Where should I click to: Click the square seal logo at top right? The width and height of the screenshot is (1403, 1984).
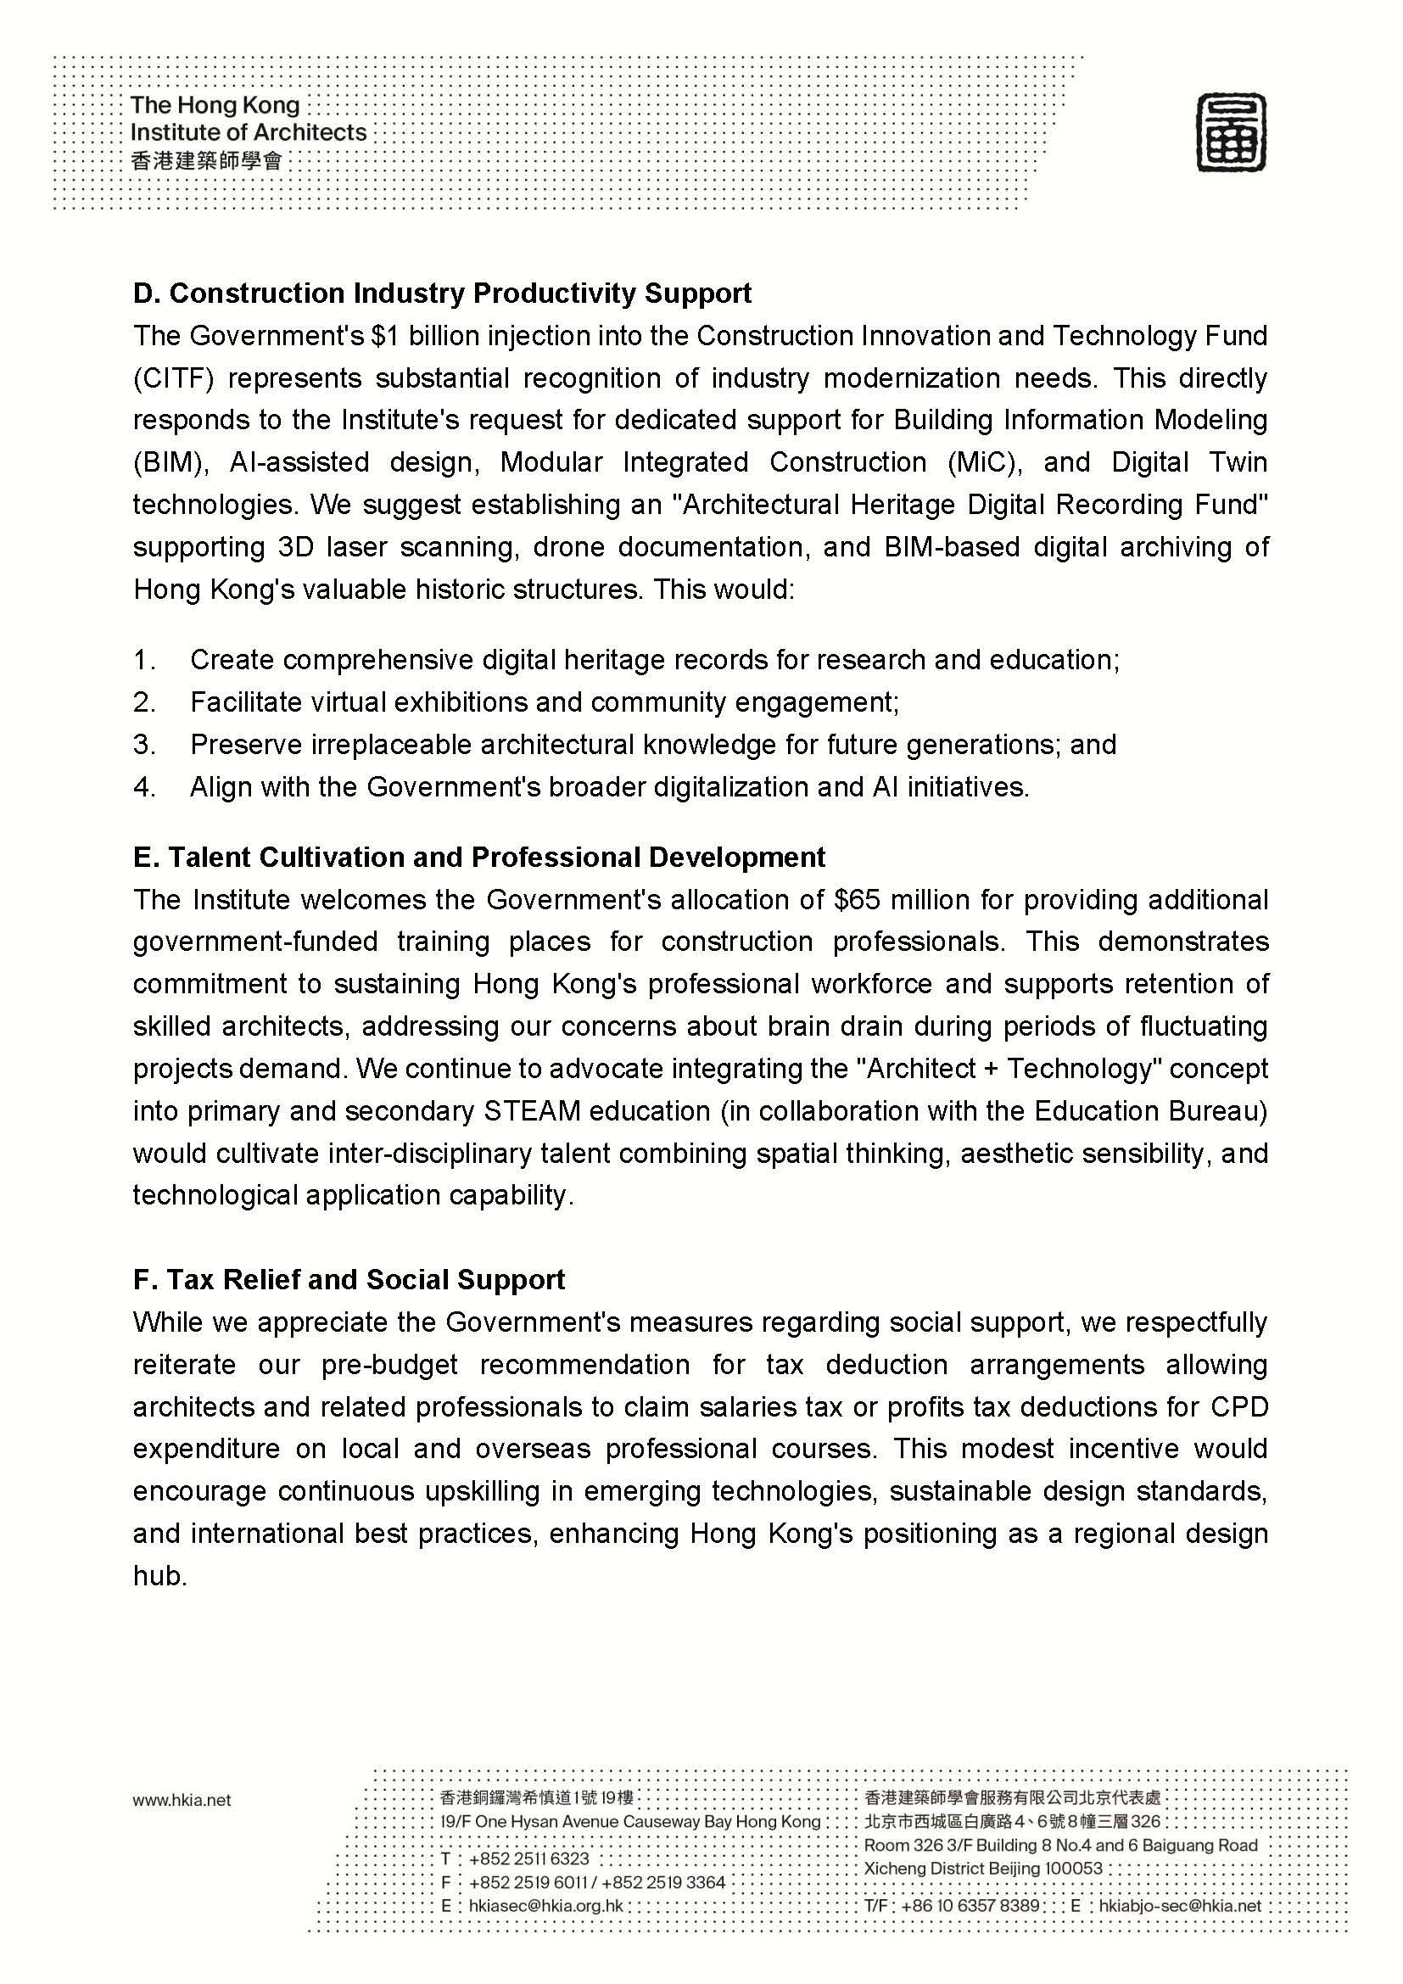[1231, 133]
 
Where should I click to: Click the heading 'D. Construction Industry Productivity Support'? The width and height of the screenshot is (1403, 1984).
[441, 293]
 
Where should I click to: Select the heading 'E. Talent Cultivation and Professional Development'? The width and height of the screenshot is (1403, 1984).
[478, 858]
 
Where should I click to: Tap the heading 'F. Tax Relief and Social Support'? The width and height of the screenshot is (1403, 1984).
[348, 1280]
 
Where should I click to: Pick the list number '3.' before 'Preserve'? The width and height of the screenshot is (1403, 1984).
[144, 745]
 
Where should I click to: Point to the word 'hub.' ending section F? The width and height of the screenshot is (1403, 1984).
[159, 1576]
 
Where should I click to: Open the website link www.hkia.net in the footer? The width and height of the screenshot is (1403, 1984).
[182, 1801]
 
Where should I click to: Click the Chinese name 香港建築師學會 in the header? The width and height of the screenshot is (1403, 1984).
[206, 160]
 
